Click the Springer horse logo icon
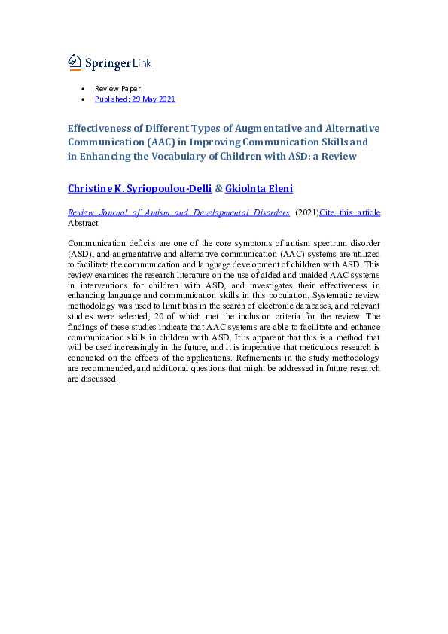[x=75, y=62]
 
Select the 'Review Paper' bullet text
[x=117, y=89]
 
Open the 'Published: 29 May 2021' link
[x=135, y=99]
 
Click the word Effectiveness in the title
[x=102, y=129]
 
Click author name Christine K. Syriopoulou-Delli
[x=139, y=188]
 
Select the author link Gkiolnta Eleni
[x=260, y=188]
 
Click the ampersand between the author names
[x=218, y=188]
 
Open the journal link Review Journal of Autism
[x=178, y=213]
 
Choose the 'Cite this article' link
[x=350, y=213]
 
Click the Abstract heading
[x=83, y=223]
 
